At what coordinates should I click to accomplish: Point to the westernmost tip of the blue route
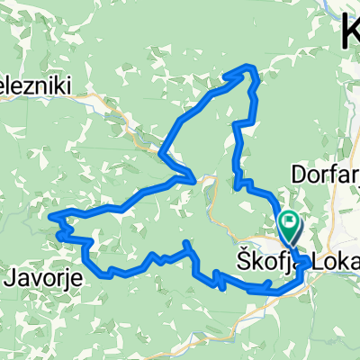(50, 216)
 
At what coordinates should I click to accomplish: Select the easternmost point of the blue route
(310, 262)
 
